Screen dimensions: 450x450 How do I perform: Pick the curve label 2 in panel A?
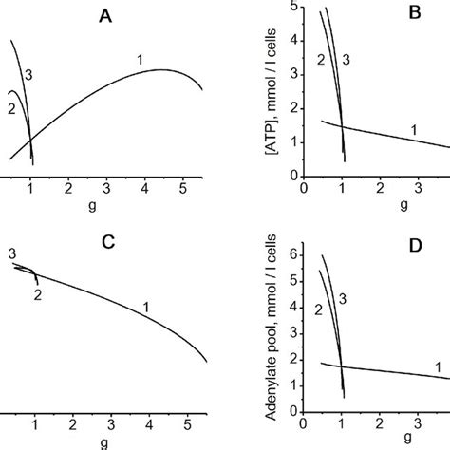click(9, 108)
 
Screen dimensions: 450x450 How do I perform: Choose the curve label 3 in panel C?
click(11, 253)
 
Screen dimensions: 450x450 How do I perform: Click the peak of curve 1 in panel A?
click(162, 69)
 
